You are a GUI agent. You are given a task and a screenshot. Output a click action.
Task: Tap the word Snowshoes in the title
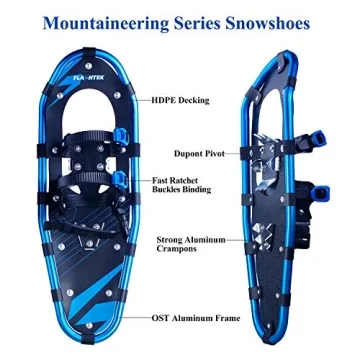[x=282, y=20]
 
